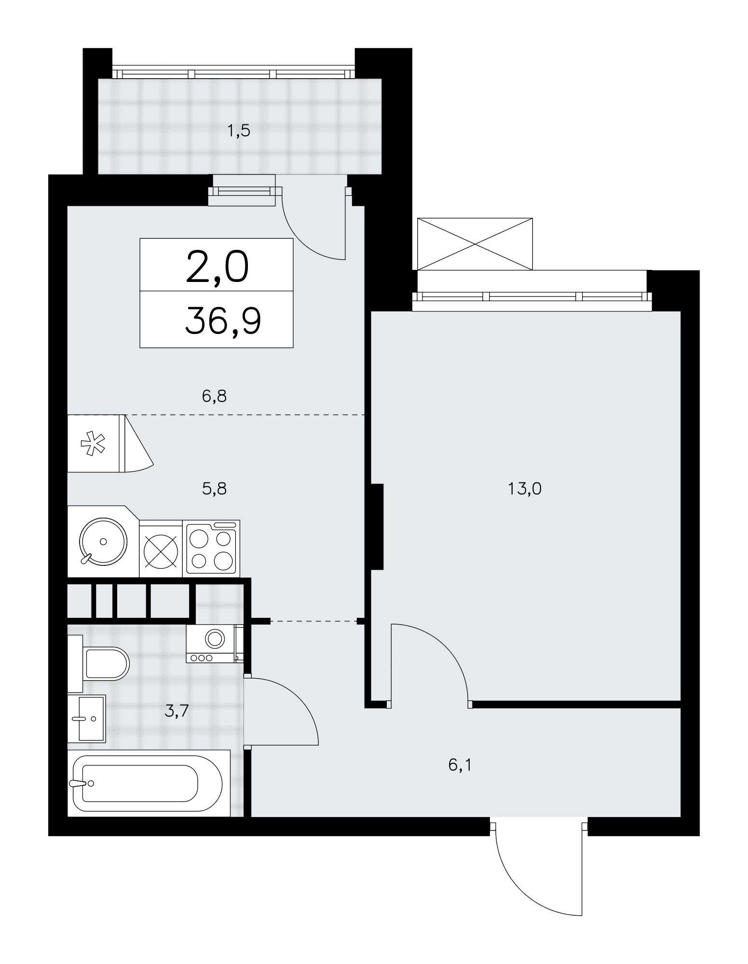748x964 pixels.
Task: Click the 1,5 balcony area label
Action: point(239,131)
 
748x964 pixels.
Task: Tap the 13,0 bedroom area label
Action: point(525,489)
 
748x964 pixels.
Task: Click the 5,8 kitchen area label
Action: point(214,489)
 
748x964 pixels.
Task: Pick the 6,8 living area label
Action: point(214,396)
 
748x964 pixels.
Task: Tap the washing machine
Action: point(215,643)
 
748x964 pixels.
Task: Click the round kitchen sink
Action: point(103,541)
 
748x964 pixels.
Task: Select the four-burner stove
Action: point(212,549)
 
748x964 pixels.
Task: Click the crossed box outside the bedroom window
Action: point(475,244)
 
